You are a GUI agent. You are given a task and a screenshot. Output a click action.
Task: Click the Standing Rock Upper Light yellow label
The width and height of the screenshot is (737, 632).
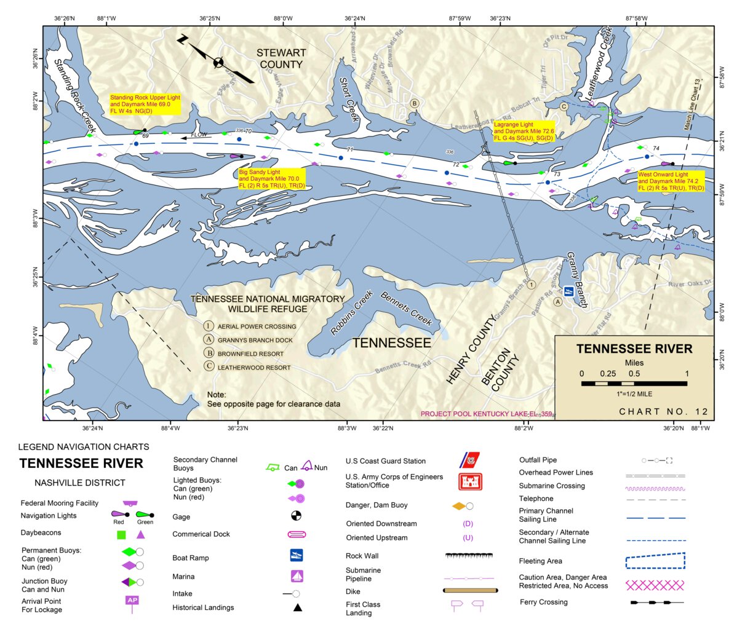pos(145,105)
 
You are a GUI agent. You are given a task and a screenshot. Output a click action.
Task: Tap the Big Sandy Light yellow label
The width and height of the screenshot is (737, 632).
pos(271,179)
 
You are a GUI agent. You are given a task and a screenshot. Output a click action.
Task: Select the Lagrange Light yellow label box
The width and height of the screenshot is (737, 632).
pos(524,132)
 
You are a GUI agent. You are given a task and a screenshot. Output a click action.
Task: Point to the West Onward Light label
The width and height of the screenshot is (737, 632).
pos(671,181)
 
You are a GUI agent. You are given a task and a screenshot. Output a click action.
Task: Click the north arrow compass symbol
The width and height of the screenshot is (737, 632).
pos(218,61)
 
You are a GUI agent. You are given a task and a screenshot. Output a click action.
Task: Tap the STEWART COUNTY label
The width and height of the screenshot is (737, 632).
pos(281,59)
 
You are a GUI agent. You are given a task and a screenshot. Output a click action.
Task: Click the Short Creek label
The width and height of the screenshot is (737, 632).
pos(349,99)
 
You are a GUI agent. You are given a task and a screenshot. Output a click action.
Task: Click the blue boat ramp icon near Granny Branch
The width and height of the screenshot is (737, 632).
pos(570,291)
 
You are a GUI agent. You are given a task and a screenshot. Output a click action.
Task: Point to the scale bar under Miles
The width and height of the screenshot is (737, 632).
pos(634,384)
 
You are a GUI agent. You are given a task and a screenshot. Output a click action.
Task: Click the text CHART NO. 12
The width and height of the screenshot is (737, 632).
pos(663,412)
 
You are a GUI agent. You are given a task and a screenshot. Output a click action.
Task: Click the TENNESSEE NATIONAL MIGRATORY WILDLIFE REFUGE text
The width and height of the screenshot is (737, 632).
pos(267,304)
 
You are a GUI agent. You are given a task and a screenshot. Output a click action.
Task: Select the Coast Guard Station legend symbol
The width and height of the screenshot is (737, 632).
pos(470,460)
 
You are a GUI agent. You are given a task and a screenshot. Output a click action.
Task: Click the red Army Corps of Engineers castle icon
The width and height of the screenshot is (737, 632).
pos(470,481)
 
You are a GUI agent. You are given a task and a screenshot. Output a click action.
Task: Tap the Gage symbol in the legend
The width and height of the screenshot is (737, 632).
pos(296,516)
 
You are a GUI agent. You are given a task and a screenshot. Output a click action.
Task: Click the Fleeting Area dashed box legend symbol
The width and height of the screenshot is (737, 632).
pos(655,561)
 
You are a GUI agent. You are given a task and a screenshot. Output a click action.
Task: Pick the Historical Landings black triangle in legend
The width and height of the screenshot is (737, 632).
pos(297,607)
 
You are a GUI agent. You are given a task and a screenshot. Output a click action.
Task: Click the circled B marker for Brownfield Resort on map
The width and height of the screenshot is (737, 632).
pos(415,103)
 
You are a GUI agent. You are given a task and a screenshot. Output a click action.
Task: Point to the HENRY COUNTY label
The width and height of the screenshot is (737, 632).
pos(471,350)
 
